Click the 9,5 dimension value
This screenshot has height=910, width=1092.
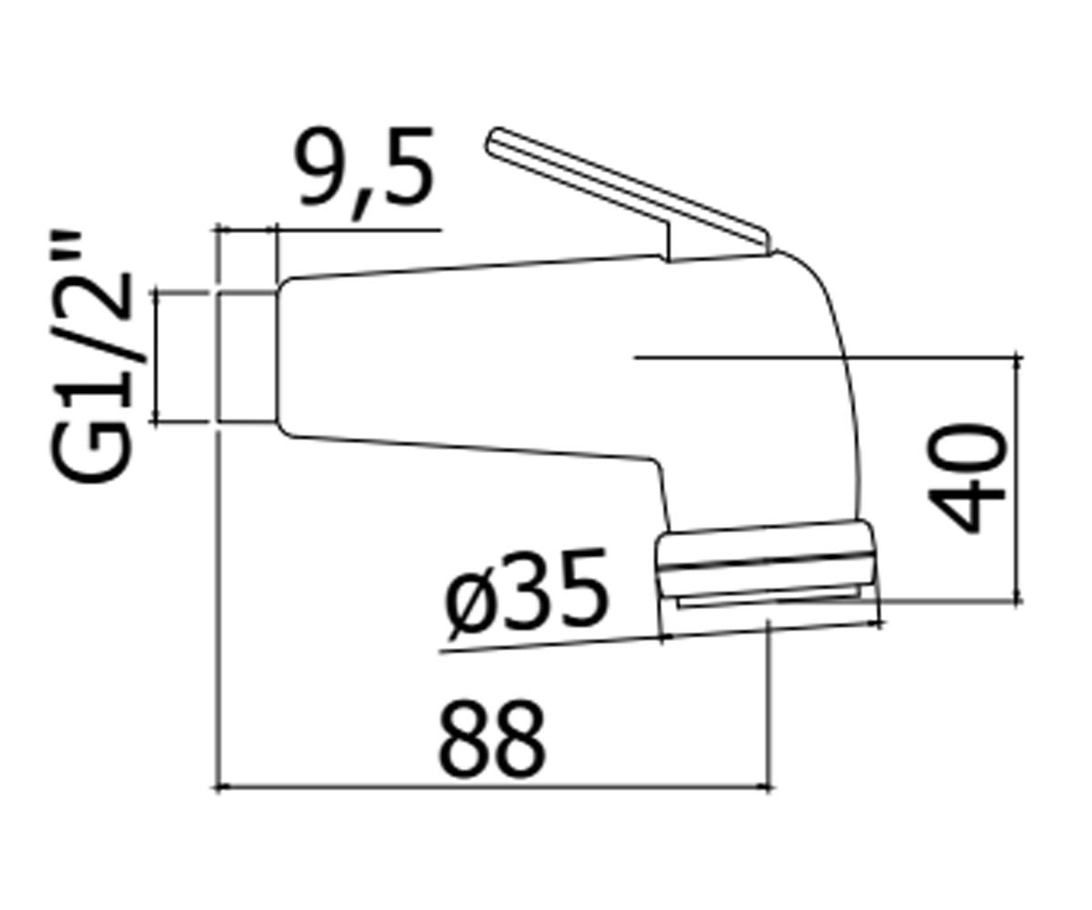pyautogui.click(x=364, y=172)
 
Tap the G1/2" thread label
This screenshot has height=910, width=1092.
pyautogui.click(x=91, y=358)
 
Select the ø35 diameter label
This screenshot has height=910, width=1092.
pyautogui.click(x=526, y=594)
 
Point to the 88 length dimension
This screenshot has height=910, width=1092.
pyautogui.click(x=491, y=738)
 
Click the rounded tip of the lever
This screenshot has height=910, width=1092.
pyautogui.click(x=494, y=140)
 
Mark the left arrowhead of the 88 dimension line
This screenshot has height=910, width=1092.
pyautogui.click(x=219, y=786)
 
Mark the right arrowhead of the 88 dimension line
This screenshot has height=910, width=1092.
pyautogui.click(x=767, y=786)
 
